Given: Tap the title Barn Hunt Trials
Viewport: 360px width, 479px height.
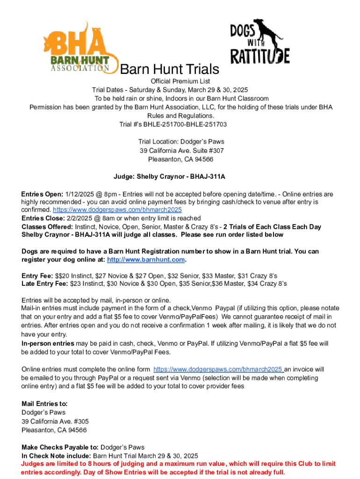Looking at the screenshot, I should click(x=170, y=70).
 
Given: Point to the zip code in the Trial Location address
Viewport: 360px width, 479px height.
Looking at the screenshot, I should click(x=202, y=159).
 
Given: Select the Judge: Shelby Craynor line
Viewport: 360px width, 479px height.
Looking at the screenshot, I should click(x=180, y=177).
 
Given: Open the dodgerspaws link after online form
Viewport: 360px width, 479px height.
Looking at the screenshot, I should click(x=218, y=369).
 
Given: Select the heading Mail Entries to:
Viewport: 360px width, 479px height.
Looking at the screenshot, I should click(x=44, y=404).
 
